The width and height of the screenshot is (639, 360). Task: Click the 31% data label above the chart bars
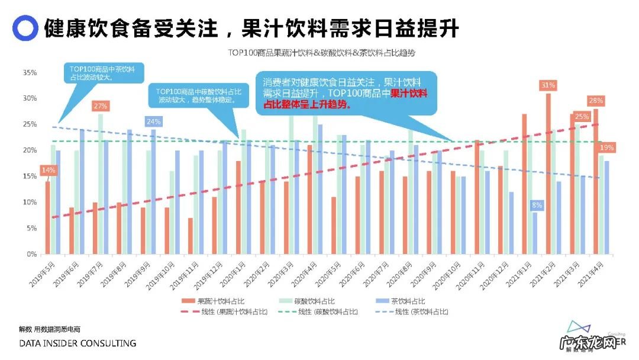(548, 85)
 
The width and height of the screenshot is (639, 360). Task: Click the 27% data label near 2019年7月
(101, 106)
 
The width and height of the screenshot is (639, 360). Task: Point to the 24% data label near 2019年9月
(153, 122)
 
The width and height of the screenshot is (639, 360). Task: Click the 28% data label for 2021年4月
(595, 101)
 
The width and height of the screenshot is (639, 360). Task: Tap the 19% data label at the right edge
(606, 147)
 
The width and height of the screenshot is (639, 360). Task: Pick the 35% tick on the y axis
(30, 73)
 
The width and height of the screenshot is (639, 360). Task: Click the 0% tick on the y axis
(31, 254)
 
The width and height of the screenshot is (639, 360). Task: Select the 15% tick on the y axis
(30, 176)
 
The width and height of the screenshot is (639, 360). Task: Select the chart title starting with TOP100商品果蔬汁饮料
(322, 53)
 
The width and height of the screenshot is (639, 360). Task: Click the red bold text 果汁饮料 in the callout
(409, 94)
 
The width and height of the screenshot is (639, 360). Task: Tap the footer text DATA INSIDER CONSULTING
(78, 343)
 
